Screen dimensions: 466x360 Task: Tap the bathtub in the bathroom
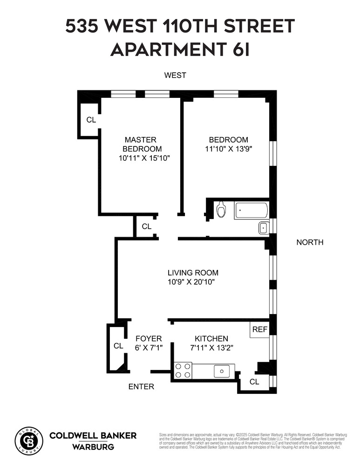[x=251, y=210]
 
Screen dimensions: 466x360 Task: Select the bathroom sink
[x=263, y=228]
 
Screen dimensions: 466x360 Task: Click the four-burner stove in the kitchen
[x=183, y=370]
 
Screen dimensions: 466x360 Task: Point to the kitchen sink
[x=222, y=371]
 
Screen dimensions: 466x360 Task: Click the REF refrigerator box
[x=259, y=329]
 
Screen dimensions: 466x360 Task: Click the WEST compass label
[x=175, y=75]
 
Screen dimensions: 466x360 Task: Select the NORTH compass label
[x=310, y=242]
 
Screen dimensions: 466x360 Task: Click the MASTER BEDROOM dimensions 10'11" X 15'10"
[x=144, y=158]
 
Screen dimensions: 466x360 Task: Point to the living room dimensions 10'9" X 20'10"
[x=193, y=282]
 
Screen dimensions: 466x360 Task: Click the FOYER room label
[x=148, y=339]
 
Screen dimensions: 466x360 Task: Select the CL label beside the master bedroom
[x=91, y=120]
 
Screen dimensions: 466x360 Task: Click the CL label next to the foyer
[x=118, y=346]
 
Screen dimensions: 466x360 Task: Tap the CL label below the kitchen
[x=254, y=382]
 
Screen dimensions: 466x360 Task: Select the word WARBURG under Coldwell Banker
[x=93, y=447]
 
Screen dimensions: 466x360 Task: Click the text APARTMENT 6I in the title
[x=180, y=48]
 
